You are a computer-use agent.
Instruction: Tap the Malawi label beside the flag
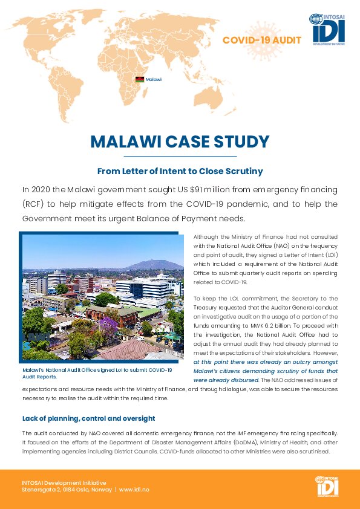point(154,79)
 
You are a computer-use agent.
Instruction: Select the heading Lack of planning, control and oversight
point(89,418)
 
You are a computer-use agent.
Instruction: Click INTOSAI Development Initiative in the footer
point(64,483)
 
